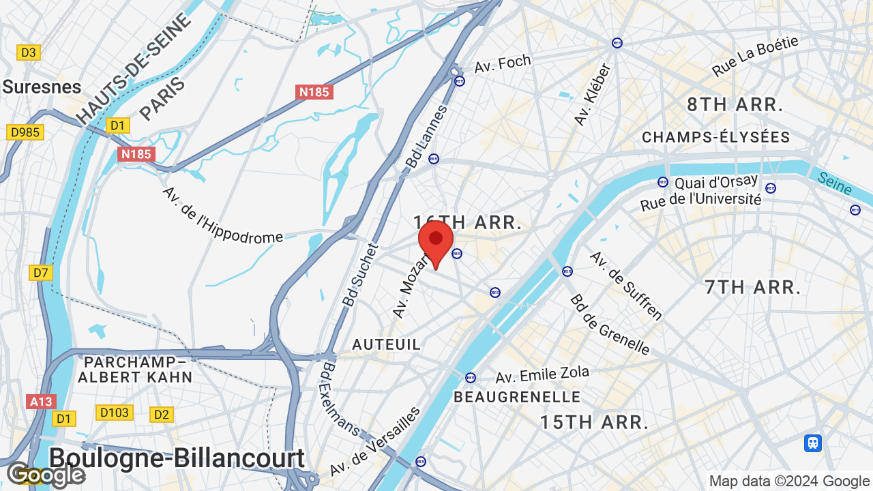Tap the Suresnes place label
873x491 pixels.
[x=42, y=87]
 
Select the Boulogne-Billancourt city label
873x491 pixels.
[x=177, y=458]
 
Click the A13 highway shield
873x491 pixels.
[x=41, y=402]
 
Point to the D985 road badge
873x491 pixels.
[x=25, y=132]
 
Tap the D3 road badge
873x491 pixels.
[x=29, y=53]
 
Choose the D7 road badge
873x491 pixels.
[x=41, y=273]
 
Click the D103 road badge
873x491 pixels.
[x=114, y=413]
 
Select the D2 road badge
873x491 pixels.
[x=162, y=414]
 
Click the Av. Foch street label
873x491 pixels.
[x=503, y=64]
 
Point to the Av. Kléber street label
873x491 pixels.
[x=592, y=95]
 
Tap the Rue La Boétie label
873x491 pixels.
[x=755, y=56]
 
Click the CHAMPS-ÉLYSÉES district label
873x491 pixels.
[x=715, y=138]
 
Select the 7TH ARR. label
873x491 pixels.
[x=752, y=287]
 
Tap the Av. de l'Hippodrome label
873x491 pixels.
[x=222, y=215]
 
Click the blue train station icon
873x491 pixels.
[x=812, y=443]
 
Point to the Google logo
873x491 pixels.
[x=46, y=475]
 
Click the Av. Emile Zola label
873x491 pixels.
[x=542, y=375]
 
